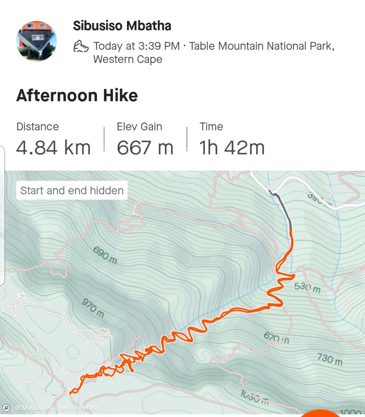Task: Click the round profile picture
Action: [36, 41]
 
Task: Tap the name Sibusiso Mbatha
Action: [122, 26]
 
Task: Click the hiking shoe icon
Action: [81, 46]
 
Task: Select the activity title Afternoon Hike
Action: [77, 96]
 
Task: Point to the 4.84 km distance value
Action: [53, 147]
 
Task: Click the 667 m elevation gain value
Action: [145, 147]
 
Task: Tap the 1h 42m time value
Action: [232, 147]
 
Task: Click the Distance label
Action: [37, 126]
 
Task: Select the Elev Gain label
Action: [139, 126]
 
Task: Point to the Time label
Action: [211, 126]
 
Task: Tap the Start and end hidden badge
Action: [72, 190]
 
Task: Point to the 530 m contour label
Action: [307, 287]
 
